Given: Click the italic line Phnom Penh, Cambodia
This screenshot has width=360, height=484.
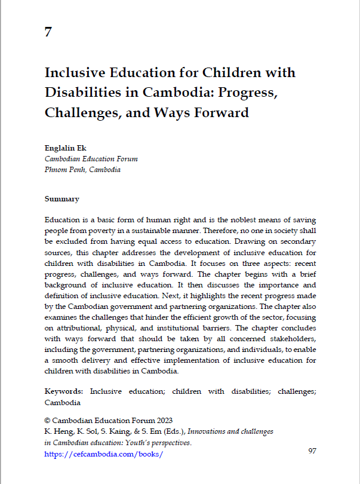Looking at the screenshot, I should pos(82,170).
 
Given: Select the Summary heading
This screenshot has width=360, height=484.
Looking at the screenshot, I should pos(62,198).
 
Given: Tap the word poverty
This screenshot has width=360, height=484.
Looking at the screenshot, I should pos(109,231).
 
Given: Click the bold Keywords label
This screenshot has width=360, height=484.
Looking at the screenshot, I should pos(64,391).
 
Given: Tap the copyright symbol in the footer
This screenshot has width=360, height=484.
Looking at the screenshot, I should pos(48,420).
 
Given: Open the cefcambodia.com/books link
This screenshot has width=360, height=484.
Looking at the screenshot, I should pos(104,454).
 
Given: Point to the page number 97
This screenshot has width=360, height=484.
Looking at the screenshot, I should pos(312,451).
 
